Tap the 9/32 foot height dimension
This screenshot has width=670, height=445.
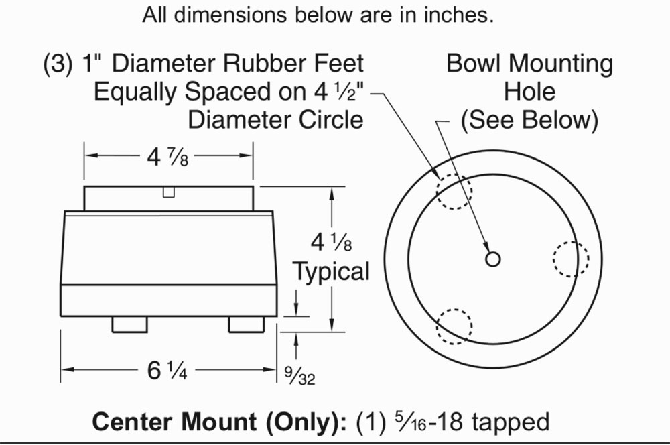[x=299, y=376]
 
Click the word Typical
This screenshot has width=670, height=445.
[x=332, y=272]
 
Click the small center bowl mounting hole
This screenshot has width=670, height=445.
[x=492, y=259]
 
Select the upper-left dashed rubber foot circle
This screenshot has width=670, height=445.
[x=454, y=190]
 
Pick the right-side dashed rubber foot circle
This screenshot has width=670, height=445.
[x=571, y=259]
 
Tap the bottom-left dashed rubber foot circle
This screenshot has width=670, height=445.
[x=454, y=326]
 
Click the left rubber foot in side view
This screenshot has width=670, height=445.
[x=129, y=324]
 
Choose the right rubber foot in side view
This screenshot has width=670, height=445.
[x=247, y=324]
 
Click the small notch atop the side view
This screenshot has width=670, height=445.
[x=170, y=192]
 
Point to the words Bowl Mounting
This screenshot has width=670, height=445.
[x=529, y=64]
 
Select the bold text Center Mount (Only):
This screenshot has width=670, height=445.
[x=217, y=422]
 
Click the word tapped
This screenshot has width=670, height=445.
[x=511, y=422]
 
